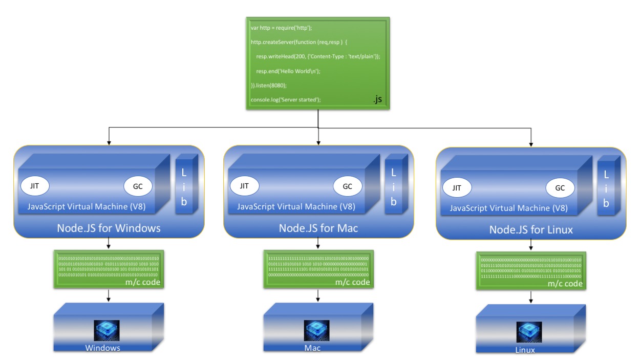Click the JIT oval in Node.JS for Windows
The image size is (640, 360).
pyautogui.click(x=35, y=186)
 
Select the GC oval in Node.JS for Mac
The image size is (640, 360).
pyautogui.click(x=348, y=186)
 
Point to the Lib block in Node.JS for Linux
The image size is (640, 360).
pyautogui.click(x=606, y=189)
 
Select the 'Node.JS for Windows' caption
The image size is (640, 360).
pyautogui.click(x=109, y=228)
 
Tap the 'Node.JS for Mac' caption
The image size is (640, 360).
pyautogui.click(x=318, y=228)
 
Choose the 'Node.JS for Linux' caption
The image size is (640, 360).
pyautogui.click(x=531, y=230)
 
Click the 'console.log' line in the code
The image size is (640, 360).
pyautogui.click(x=286, y=99)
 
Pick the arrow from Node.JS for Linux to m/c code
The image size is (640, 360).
pyautogui.click(x=530, y=245)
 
